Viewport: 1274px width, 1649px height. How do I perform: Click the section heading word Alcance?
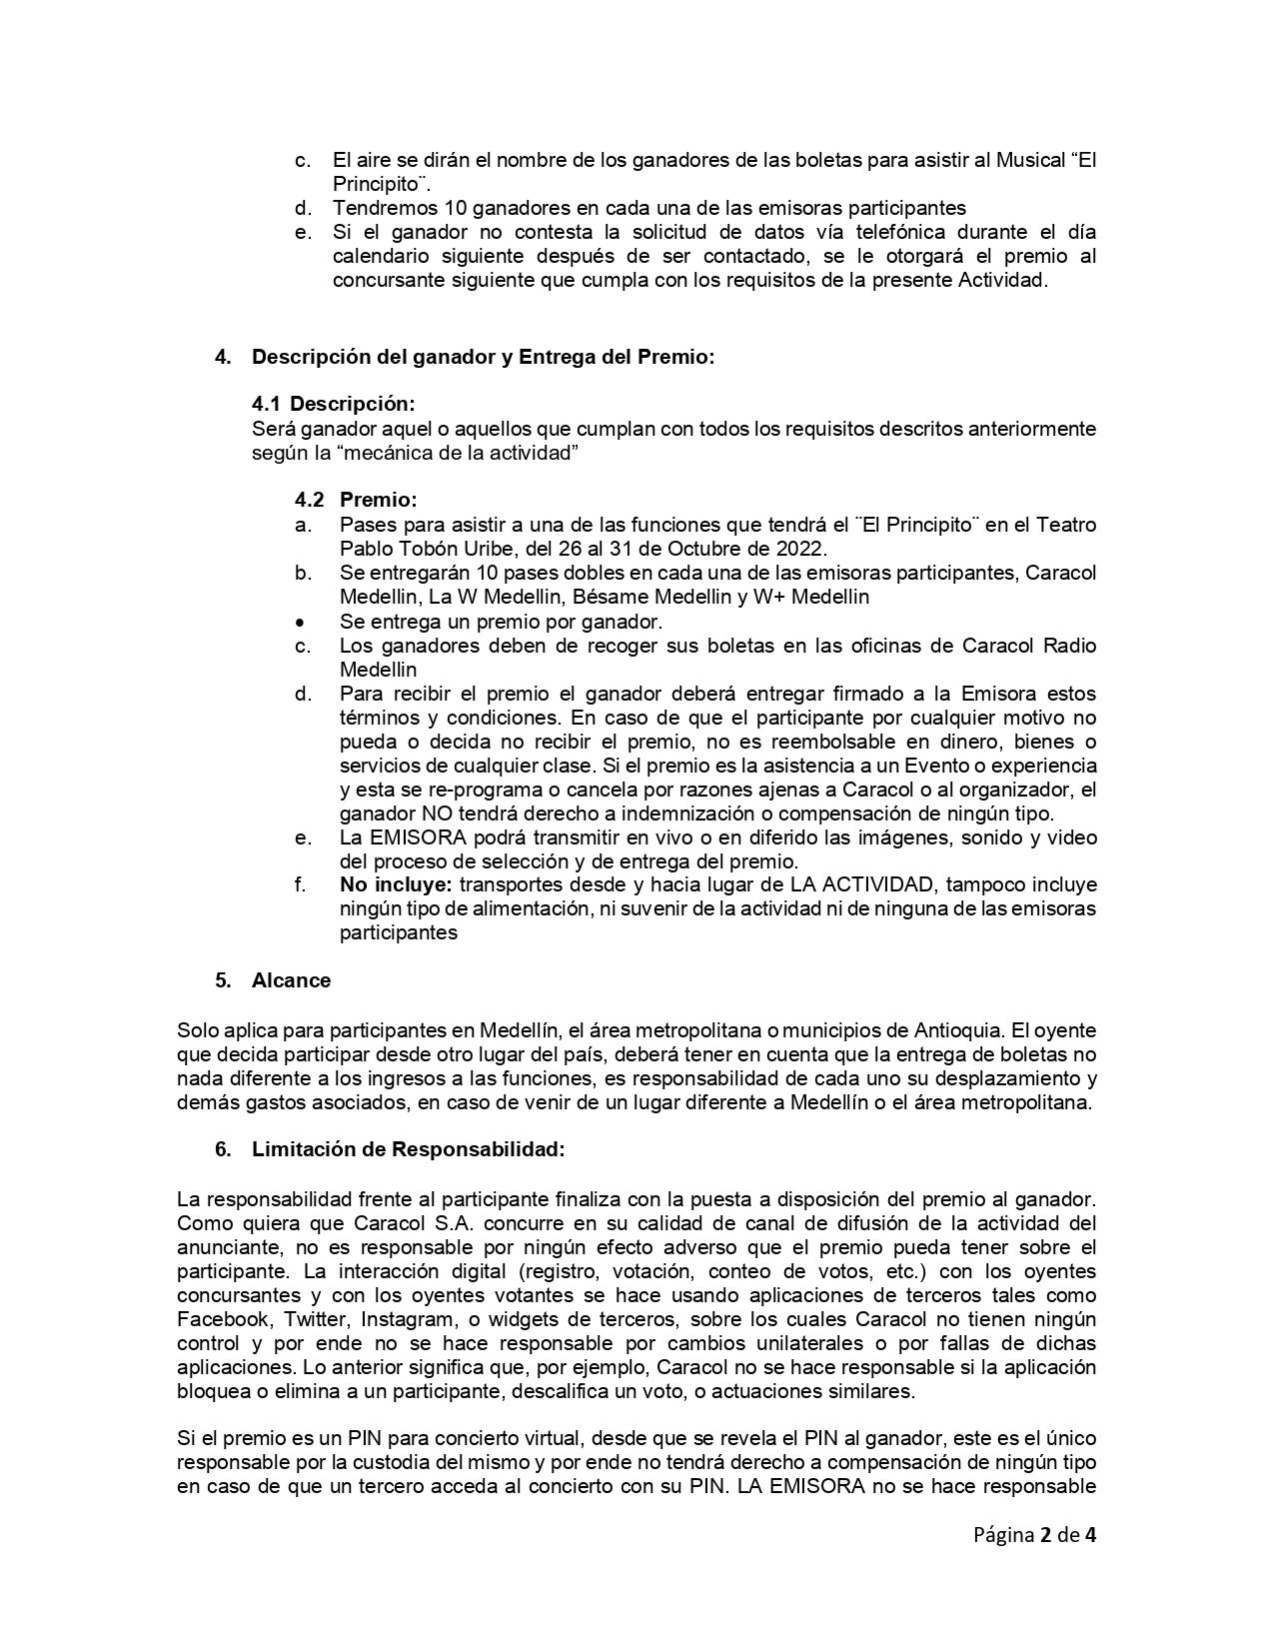(x=291, y=980)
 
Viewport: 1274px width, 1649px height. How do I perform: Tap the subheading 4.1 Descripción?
(x=333, y=404)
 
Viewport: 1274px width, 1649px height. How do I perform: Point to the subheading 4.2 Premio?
(x=356, y=500)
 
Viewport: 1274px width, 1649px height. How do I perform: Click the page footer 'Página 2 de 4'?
(x=1034, y=1535)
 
